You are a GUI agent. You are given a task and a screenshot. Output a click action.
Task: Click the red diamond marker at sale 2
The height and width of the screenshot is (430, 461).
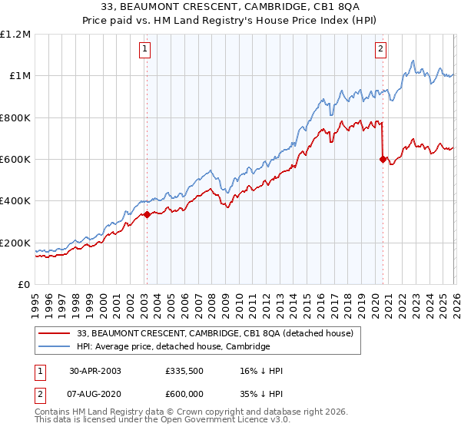point(382,160)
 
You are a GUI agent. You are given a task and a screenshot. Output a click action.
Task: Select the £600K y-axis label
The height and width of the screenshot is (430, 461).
point(15,160)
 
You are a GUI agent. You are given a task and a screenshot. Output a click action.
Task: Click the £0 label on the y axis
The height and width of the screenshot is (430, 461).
point(25,285)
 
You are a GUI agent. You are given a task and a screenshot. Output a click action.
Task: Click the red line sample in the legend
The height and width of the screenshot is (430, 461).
point(54,333)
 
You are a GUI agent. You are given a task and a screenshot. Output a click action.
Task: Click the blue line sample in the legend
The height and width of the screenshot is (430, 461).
point(54,346)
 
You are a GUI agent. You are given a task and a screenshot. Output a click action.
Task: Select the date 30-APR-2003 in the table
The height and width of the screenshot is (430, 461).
point(95,370)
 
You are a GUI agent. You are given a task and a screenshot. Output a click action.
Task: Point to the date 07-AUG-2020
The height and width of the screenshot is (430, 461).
point(95,394)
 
